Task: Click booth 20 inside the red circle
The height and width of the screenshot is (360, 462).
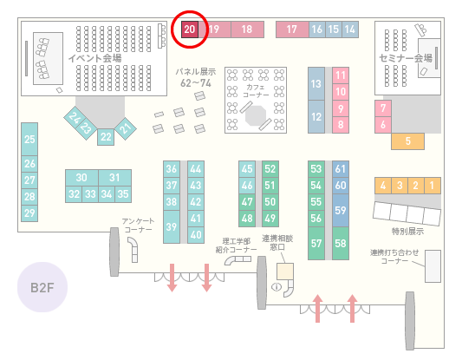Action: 190,29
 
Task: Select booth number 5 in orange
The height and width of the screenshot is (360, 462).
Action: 407,141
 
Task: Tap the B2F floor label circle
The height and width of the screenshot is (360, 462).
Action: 42,287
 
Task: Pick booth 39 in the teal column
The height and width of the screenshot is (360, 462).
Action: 172,226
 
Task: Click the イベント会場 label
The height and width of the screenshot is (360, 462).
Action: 94,58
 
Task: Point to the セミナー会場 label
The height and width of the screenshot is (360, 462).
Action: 406,58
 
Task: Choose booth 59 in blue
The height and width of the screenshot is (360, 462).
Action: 341,210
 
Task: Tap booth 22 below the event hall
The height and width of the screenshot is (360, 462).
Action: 106,137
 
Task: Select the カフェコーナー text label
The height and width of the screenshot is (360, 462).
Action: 256,91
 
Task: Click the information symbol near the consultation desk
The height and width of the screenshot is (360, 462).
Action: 277,286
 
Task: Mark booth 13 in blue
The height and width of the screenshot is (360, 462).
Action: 316,84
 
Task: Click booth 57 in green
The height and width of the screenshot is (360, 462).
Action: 316,243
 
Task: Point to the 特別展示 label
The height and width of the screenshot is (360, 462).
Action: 407,231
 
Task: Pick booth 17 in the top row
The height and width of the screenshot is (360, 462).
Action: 292,29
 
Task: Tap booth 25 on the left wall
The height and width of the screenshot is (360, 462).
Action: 29,139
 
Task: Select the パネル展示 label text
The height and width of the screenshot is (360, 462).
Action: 196,72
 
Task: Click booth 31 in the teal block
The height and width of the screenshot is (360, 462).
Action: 115,178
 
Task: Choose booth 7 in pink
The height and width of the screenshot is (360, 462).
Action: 383,108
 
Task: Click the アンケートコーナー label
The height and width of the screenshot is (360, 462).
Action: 138,226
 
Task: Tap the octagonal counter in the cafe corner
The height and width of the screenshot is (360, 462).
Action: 256,115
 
